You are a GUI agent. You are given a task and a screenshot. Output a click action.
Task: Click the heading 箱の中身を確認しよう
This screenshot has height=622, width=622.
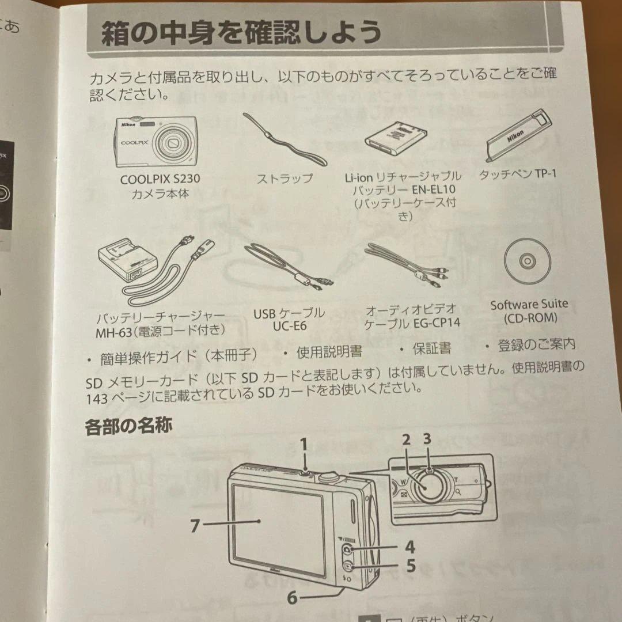(241, 33)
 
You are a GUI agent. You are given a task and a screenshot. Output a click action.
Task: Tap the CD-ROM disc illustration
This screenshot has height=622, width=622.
(528, 262)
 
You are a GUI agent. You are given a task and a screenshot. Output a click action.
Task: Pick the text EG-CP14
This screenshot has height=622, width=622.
(437, 323)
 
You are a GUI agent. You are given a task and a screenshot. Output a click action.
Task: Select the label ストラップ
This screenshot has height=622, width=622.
(285, 179)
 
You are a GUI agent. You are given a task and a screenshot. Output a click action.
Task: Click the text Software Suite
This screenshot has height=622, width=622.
(529, 304)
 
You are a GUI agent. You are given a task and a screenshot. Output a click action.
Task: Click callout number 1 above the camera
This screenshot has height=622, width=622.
(304, 444)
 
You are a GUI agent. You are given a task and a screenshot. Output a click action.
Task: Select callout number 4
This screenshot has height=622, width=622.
(409, 546)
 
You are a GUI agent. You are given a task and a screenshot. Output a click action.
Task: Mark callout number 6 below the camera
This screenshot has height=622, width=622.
(293, 598)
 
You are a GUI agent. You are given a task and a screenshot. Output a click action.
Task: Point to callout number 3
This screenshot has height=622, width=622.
(427, 439)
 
